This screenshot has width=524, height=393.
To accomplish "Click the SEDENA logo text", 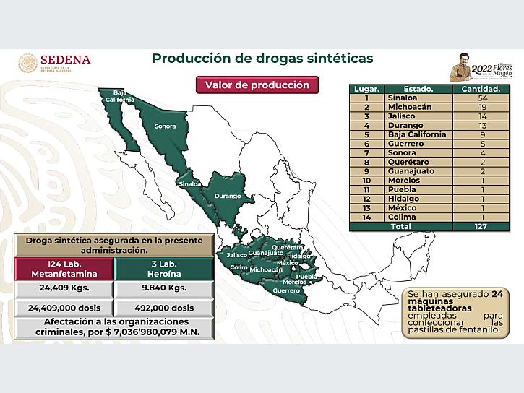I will click(65, 60).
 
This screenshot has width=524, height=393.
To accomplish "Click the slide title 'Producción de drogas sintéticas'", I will click(262, 59).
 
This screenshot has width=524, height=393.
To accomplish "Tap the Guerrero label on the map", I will click(287, 290).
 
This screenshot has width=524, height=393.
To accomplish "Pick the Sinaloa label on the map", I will click(189, 184).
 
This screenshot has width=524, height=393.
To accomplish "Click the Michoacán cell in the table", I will click(415, 107).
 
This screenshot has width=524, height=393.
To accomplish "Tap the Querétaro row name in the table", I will click(415, 163).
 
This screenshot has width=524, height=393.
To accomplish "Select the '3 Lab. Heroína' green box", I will click(165, 269).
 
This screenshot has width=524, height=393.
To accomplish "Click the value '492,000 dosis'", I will click(165, 307).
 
